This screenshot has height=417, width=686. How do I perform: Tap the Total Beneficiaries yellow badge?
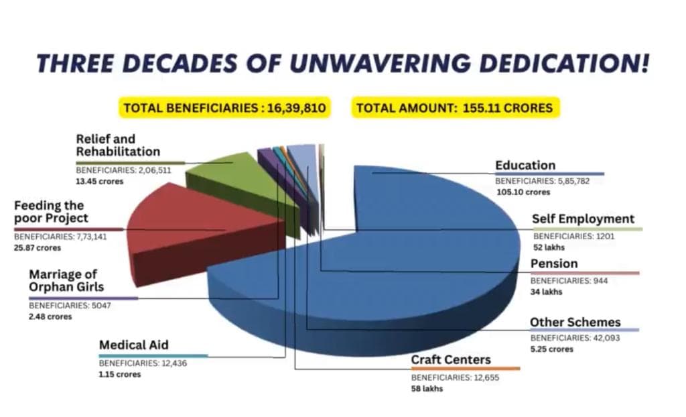pos(225,108)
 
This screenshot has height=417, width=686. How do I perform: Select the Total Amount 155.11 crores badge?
pos(455,108)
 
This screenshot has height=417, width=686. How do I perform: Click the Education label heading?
pos(525,166)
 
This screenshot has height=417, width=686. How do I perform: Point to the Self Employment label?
pos(583,219)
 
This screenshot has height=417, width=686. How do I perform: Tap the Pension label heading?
pos(554,263)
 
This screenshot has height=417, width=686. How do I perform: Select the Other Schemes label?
pos(575,322)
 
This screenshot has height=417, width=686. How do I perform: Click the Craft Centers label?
pos(451,359)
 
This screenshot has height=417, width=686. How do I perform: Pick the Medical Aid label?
pos(134,345)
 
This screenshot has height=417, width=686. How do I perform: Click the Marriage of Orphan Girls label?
pos(66,280)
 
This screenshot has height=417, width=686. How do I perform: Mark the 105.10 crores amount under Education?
pos(523,192)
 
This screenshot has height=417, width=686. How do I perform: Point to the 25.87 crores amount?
pos(38,248)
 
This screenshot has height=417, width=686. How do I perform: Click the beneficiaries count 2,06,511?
pos(155,170)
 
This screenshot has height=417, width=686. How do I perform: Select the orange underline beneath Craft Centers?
pos(466,369)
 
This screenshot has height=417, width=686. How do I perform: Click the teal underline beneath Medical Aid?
pos(153,356)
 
